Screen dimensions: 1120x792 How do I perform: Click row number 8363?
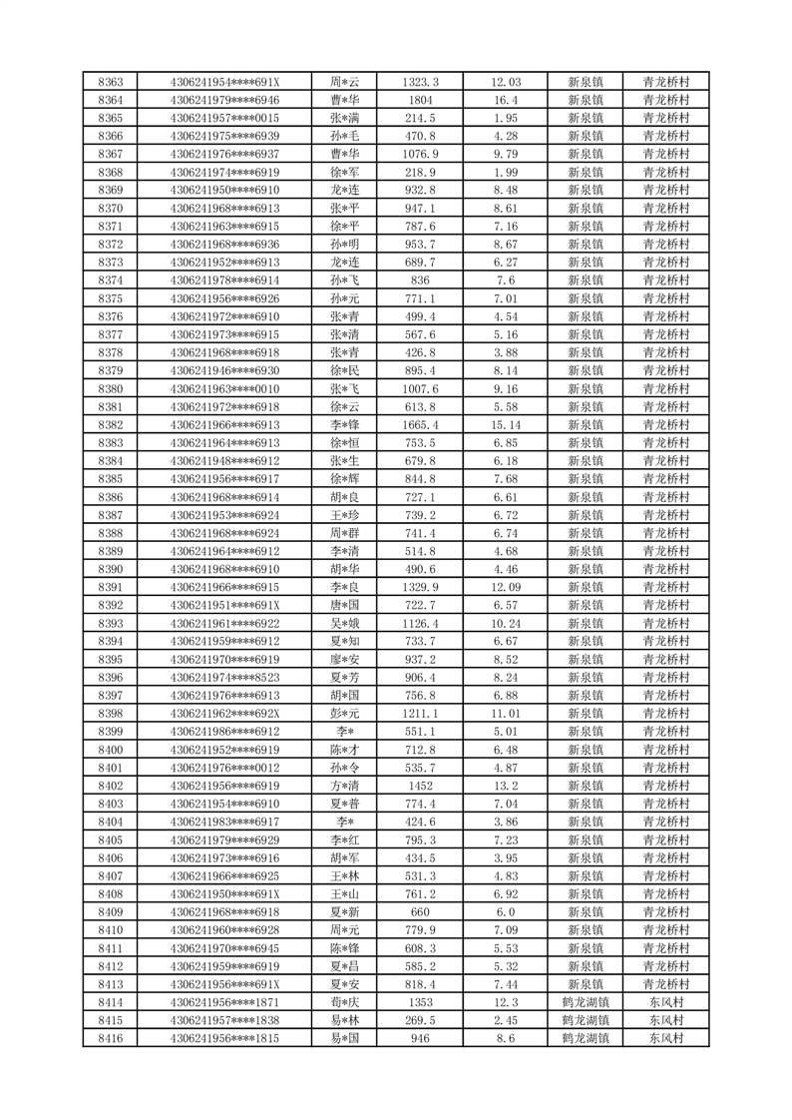[x=112, y=82]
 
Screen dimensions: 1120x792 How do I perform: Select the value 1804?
[x=420, y=100]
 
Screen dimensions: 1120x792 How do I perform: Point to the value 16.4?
[x=506, y=100]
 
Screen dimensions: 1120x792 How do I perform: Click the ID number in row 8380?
[x=225, y=388]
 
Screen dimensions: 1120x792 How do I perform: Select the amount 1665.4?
[x=420, y=424]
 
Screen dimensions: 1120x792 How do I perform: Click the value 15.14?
[x=506, y=424]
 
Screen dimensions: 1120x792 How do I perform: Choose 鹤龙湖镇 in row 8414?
[x=585, y=1002]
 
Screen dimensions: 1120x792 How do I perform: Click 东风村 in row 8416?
[x=666, y=1038]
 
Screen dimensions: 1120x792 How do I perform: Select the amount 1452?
[x=420, y=786]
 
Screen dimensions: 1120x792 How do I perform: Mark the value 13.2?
[x=506, y=786]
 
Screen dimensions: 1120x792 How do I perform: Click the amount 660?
[x=420, y=912]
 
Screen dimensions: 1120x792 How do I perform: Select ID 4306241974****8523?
[x=225, y=678]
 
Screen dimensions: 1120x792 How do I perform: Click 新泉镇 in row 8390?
[x=585, y=569]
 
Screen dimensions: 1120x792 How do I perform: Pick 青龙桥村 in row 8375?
[x=666, y=298]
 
